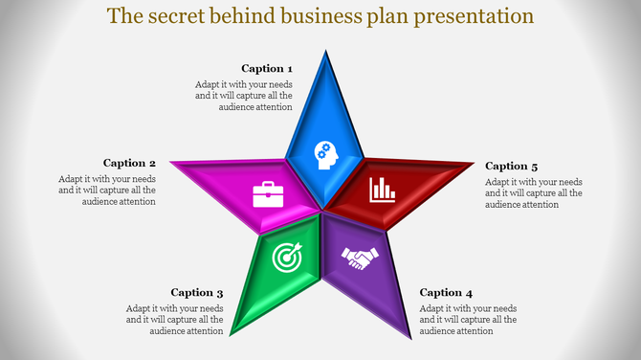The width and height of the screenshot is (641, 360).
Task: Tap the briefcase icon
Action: click(266, 194)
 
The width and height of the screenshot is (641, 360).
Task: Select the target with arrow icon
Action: click(286, 257)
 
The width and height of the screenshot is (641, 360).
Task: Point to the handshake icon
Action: click(362, 258)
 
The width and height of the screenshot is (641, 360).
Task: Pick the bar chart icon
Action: click(384, 189)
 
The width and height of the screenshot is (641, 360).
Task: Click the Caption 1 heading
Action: click(267, 69)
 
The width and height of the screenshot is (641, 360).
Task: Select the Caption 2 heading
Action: click(129, 164)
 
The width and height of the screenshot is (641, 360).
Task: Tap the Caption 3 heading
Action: click(197, 293)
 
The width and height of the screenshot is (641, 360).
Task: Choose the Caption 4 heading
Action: click(446, 293)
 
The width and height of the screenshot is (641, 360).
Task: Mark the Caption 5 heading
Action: click(512, 167)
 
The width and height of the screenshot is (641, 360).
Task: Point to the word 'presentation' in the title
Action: click(472, 17)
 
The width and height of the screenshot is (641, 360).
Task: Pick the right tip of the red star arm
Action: click(475, 164)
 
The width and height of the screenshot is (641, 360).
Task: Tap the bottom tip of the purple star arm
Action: click(412, 338)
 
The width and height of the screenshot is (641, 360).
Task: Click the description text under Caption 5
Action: click(534, 192)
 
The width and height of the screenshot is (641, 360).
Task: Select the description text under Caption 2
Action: click(107, 190)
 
